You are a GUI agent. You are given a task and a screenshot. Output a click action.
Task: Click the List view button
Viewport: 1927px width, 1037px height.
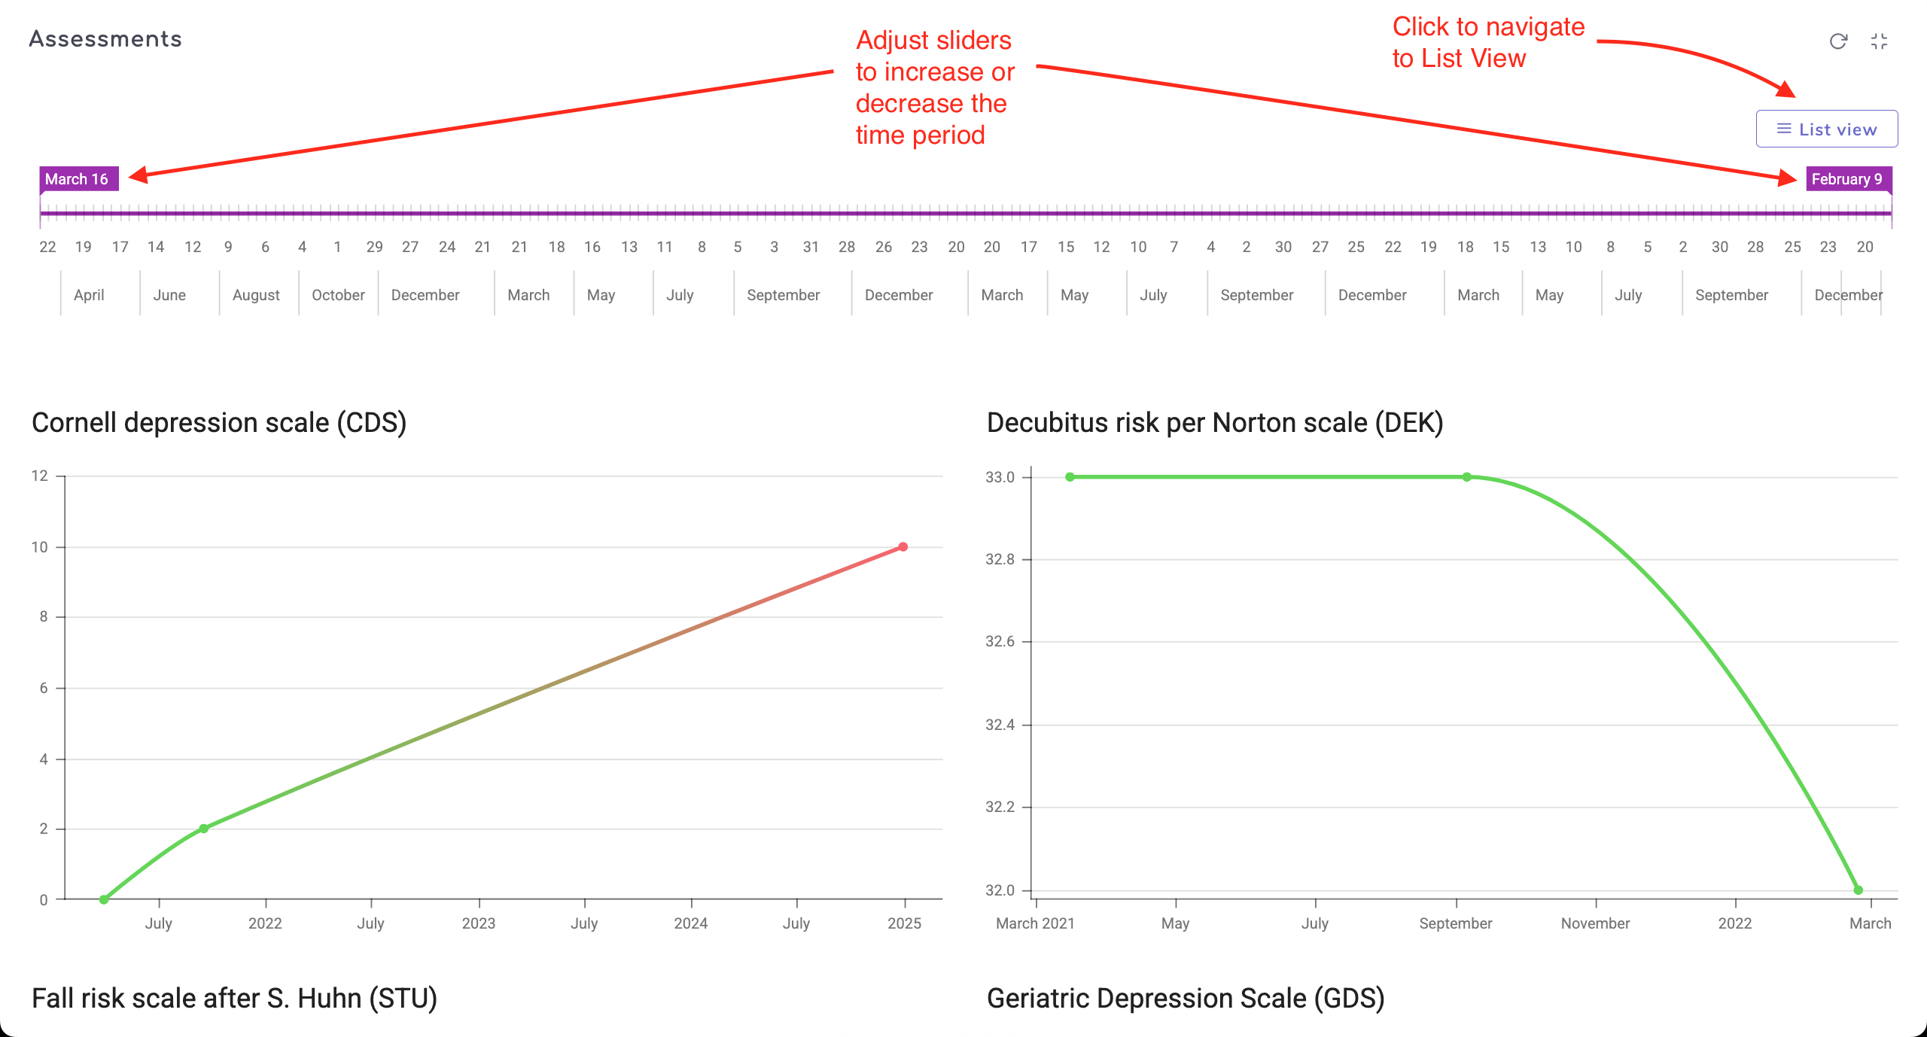tap(1827, 129)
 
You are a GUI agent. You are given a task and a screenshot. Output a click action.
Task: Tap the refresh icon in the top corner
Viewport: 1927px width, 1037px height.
tap(1838, 41)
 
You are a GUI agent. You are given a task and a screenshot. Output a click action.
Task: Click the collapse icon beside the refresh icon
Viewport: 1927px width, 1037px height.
tap(1879, 41)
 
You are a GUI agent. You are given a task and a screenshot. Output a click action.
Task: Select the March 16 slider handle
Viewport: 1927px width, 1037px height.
tap(78, 179)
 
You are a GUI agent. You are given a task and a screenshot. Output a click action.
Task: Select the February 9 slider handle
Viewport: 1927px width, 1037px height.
tap(1847, 179)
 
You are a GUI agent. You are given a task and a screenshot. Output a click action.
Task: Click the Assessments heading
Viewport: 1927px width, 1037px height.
tap(105, 39)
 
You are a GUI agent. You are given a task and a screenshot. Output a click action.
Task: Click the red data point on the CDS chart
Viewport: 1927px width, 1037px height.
tap(903, 547)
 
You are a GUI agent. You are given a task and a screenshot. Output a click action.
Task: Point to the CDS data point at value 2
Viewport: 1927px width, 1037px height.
tap(204, 829)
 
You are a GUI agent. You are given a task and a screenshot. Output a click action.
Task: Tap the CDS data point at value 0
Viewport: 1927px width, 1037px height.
tap(104, 899)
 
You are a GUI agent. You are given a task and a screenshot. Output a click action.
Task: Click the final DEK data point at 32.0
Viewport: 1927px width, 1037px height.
tap(1858, 890)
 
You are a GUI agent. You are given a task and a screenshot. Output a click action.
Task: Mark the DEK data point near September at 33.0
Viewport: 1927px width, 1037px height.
tap(1466, 477)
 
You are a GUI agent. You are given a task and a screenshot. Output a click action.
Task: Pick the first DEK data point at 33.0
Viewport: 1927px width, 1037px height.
tap(1070, 477)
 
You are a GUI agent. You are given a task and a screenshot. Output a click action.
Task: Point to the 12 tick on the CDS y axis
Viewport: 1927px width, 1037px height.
tap(39, 476)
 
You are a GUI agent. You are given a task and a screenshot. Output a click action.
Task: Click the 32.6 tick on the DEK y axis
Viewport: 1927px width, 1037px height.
tap(1000, 641)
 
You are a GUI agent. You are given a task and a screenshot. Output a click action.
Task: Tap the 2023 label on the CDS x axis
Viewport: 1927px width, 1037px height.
tap(479, 923)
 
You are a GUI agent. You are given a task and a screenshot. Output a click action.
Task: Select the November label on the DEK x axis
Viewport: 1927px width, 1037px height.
tap(1595, 923)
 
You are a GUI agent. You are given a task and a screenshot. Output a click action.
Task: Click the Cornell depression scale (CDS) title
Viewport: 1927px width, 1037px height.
tap(219, 423)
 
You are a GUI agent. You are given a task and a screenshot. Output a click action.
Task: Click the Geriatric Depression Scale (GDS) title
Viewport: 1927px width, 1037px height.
tap(1186, 998)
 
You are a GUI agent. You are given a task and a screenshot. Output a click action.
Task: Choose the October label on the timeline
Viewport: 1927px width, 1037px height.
tap(338, 295)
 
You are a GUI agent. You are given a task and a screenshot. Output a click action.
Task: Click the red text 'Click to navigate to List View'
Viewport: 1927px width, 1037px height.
tap(1488, 42)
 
